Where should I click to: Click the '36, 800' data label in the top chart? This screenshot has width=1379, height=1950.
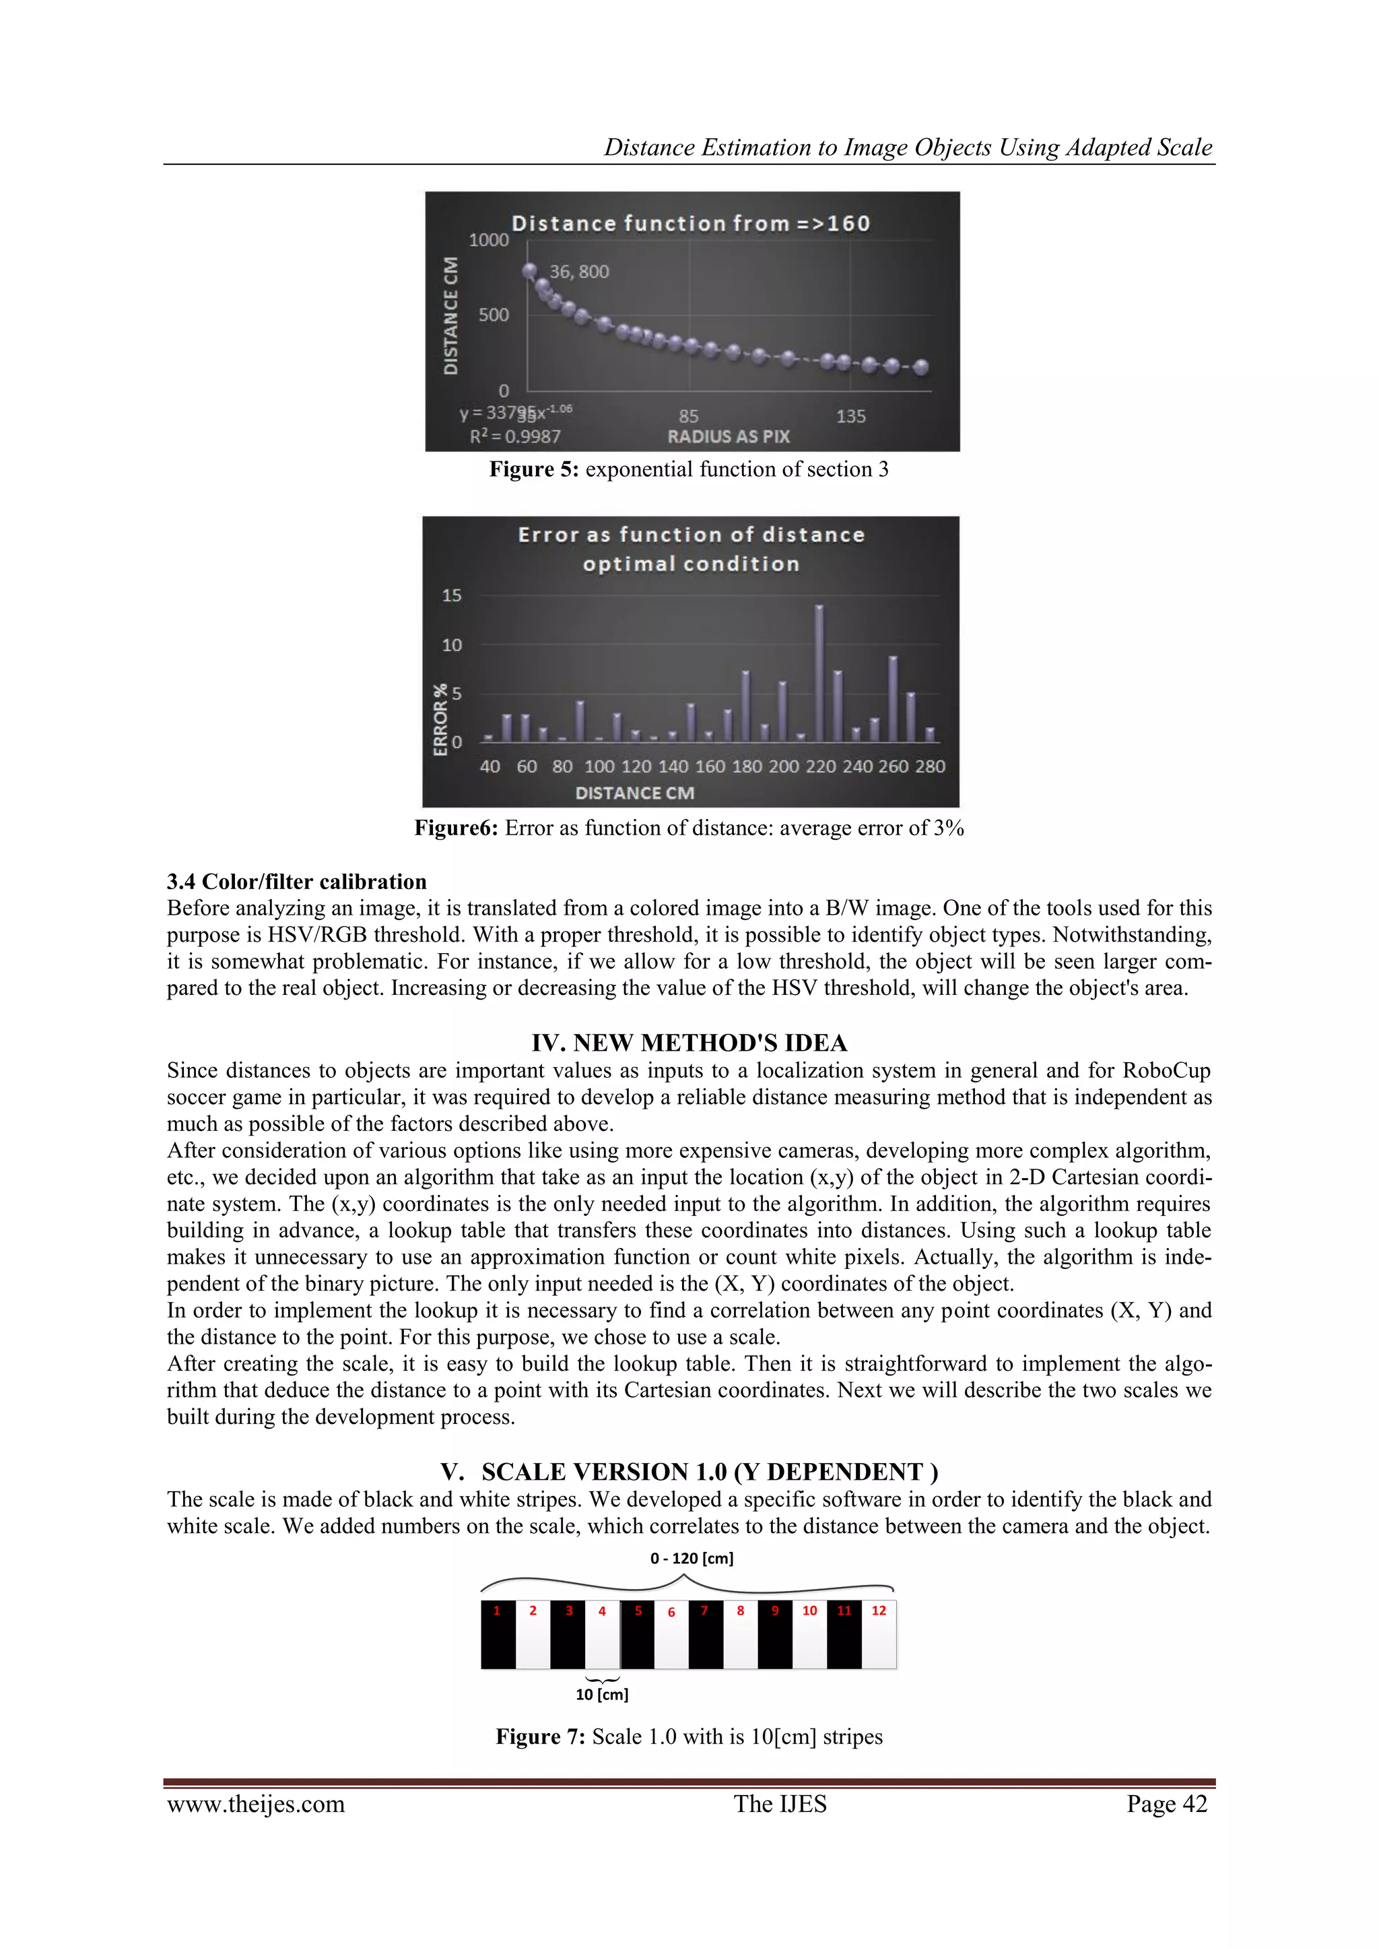point(579,271)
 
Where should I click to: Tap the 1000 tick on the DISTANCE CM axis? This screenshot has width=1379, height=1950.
point(488,240)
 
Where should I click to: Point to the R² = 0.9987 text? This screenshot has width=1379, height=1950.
point(515,436)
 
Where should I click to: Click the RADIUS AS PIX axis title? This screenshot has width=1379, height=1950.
point(729,436)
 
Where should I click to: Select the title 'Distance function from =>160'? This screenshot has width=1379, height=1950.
point(690,224)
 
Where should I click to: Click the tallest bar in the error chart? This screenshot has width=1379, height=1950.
point(819,673)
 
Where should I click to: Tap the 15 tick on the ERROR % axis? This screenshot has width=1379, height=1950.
point(452,595)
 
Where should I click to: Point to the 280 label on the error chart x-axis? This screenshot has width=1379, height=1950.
point(930,766)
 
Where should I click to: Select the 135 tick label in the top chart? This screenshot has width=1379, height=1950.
point(851,416)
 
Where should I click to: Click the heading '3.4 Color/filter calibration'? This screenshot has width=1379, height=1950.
point(296,882)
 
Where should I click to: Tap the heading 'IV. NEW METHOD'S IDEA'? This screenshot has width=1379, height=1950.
point(689,1043)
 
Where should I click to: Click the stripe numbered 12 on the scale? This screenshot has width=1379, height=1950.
point(879,1634)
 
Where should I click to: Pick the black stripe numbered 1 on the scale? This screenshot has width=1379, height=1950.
point(498,1634)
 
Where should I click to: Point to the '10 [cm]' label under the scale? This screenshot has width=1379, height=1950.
point(602,1694)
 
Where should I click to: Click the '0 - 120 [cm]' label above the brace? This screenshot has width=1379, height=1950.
point(692,1559)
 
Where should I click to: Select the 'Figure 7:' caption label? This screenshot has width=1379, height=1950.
point(540,1737)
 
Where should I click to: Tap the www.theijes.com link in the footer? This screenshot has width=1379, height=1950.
point(256,1804)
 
